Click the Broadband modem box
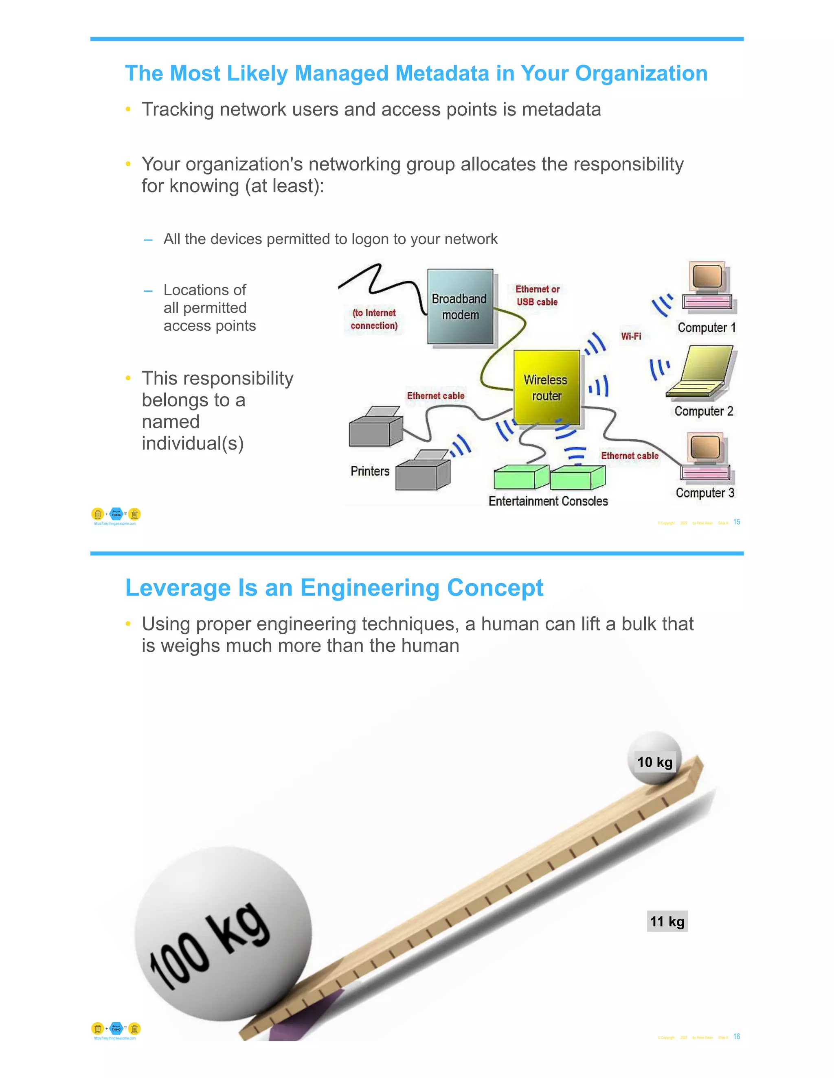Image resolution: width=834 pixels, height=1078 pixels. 460,307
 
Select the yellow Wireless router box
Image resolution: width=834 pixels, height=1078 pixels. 546,387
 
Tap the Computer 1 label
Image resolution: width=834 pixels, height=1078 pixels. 707,328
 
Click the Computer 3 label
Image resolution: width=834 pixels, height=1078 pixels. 705,493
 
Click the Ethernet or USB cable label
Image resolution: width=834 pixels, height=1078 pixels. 537,296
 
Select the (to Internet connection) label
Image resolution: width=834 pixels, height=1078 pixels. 374,319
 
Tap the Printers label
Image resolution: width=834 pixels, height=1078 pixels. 370,471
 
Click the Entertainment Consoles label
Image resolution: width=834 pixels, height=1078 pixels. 548,502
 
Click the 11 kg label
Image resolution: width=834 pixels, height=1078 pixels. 667,921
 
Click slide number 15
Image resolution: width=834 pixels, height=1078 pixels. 737,522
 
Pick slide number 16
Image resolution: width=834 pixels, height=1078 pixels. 737,1037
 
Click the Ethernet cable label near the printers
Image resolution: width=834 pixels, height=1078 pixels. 435,396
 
